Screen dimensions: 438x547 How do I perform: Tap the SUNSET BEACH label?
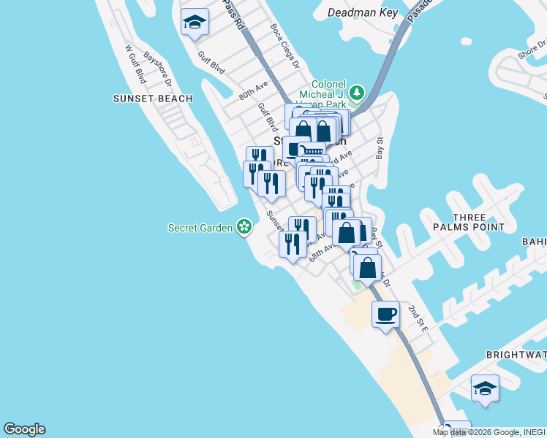(x=153, y=99)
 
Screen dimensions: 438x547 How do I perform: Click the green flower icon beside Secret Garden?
(x=244, y=228)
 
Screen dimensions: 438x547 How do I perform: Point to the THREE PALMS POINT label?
(x=479, y=223)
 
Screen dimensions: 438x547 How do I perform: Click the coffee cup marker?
(x=385, y=315)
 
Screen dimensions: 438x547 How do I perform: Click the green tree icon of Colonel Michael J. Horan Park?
(x=356, y=93)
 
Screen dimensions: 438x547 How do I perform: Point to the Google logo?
(x=24, y=429)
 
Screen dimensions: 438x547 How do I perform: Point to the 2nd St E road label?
(x=418, y=318)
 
